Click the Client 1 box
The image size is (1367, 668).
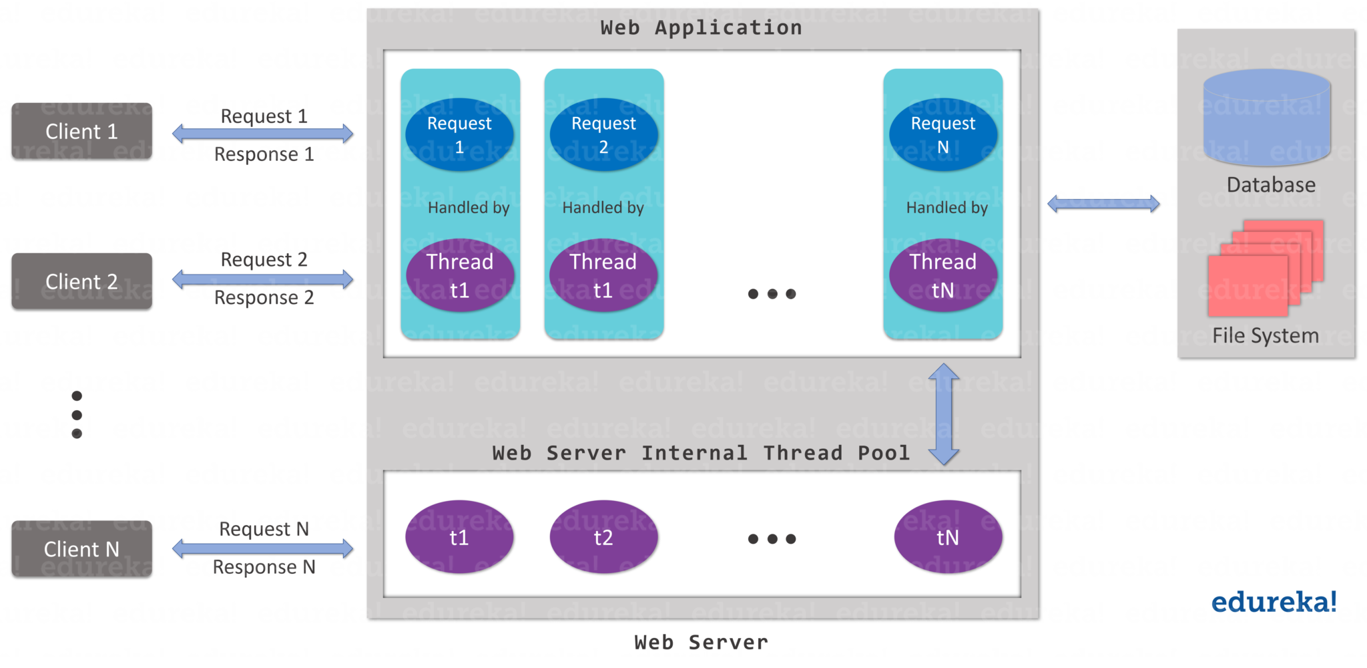[81, 131]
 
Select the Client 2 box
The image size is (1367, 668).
[81, 281]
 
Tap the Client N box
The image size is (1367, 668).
[81, 549]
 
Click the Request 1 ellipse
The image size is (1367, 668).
[459, 134]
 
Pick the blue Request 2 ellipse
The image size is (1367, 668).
[603, 134]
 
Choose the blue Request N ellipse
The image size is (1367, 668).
[943, 134]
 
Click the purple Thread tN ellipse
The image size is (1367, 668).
[943, 275]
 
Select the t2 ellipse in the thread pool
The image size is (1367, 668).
[603, 537]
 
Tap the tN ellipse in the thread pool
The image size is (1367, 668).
[948, 537]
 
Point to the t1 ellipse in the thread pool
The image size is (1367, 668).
[459, 537]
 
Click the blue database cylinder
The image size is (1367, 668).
[1267, 118]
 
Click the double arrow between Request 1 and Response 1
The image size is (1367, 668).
[262, 134]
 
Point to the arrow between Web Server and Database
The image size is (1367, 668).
[1103, 204]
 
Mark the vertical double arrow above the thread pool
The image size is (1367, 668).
[944, 414]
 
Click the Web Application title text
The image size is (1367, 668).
[701, 28]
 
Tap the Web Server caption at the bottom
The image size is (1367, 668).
[701, 643]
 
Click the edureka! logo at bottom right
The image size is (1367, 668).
[1274, 602]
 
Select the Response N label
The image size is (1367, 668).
[264, 567]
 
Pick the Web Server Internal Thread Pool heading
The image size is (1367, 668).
[701, 453]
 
